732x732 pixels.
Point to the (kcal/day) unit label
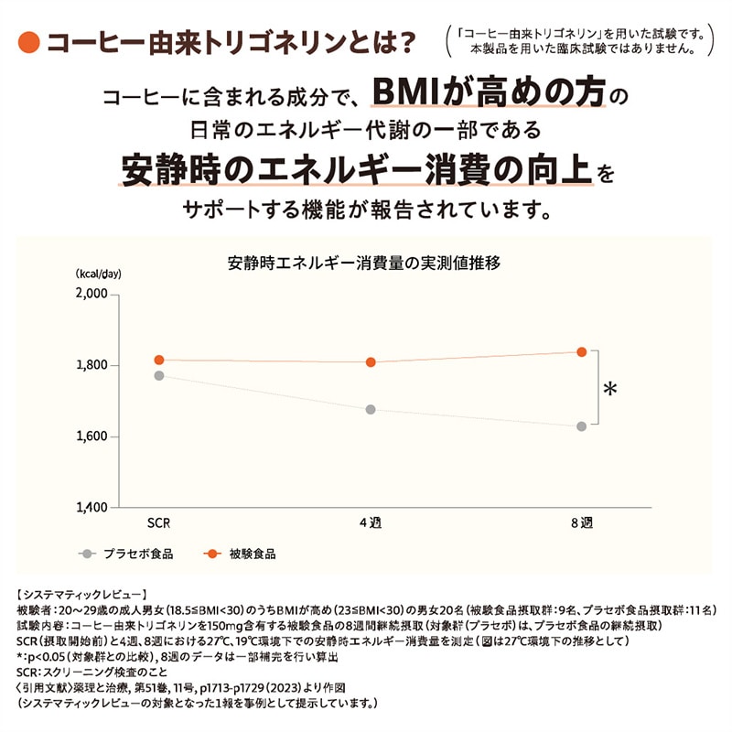[99, 273]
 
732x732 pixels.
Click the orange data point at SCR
[159, 360]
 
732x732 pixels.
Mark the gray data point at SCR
[159, 375]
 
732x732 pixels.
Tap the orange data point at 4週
[371, 362]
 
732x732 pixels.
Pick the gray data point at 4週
[371, 409]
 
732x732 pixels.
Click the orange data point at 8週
[581, 351]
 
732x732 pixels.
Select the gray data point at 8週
[581, 426]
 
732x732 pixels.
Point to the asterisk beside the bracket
[610, 390]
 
